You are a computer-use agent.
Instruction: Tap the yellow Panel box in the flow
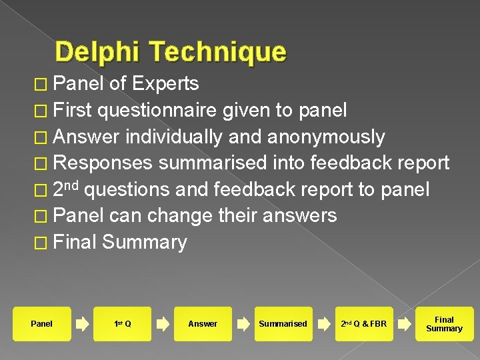pyautogui.click(x=41, y=324)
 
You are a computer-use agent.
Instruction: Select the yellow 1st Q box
pyautogui.click(x=123, y=324)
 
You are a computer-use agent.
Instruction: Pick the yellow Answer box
pyautogui.click(x=203, y=324)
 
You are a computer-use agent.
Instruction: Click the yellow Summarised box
pyautogui.click(x=283, y=324)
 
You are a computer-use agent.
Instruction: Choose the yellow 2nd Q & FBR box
pyautogui.click(x=363, y=324)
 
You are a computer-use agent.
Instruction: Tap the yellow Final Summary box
pyautogui.click(x=444, y=324)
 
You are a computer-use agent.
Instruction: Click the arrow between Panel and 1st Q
pyautogui.click(x=82, y=324)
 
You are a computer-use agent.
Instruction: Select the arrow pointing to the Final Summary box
pyautogui.click(x=404, y=324)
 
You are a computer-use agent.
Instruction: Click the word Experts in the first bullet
pyautogui.click(x=165, y=83)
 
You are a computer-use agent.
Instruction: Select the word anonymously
pyautogui.click(x=326, y=137)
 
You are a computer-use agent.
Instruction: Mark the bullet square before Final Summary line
pyautogui.click(x=41, y=243)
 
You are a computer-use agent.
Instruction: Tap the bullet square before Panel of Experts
pyautogui.click(x=41, y=84)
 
